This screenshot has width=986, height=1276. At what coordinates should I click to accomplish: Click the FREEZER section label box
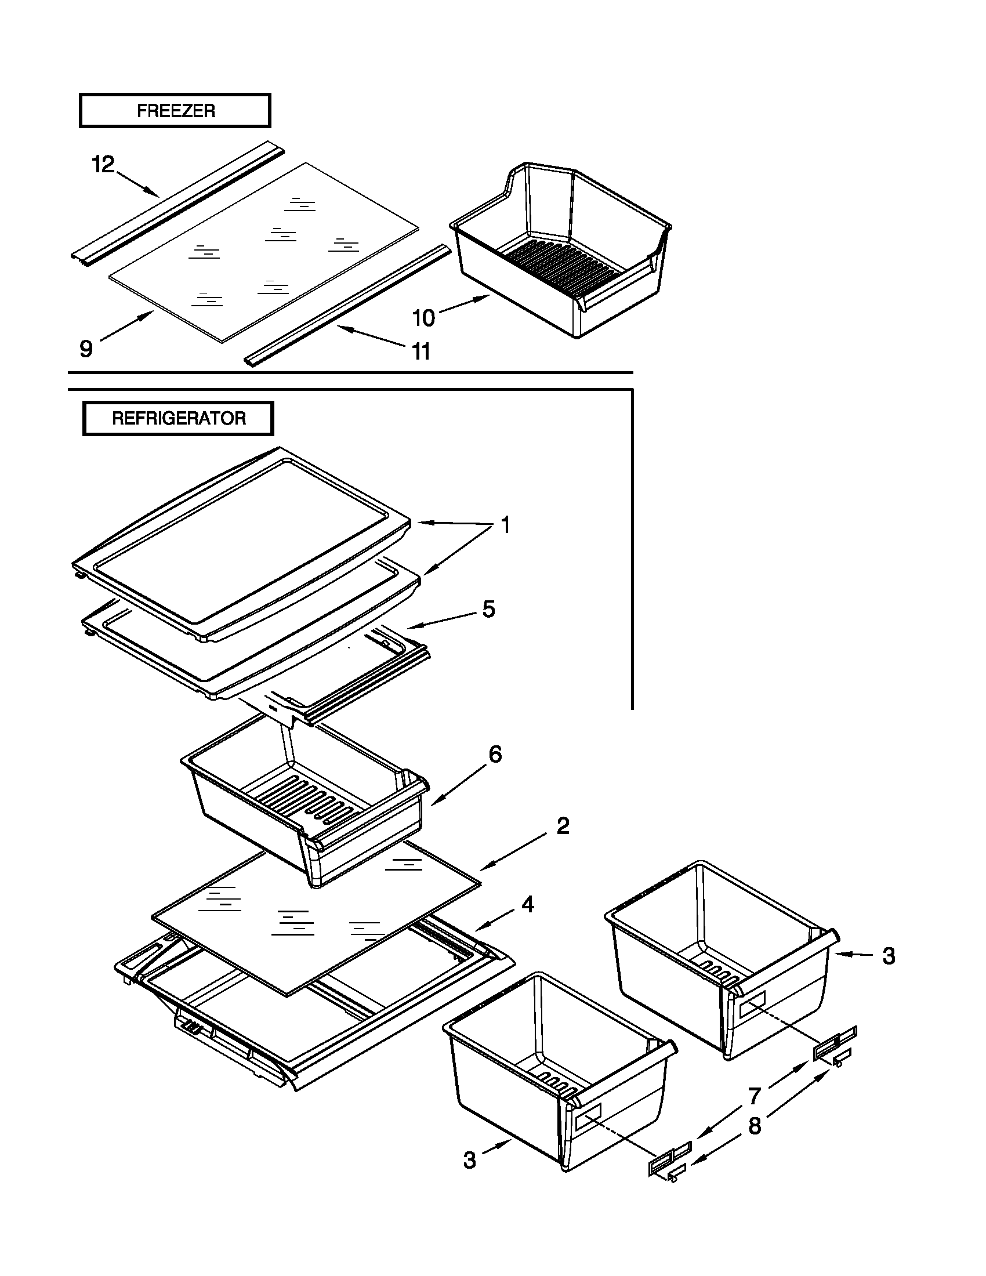click(x=175, y=110)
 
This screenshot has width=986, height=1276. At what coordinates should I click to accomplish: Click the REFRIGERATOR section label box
click(x=178, y=418)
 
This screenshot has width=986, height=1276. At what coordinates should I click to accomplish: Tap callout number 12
click(x=103, y=165)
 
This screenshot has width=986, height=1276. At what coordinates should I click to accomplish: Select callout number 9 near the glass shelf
click(x=86, y=349)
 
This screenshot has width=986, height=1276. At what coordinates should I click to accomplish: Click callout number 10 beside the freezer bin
click(x=423, y=318)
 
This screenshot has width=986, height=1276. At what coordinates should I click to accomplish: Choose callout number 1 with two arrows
click(x=505, y=525)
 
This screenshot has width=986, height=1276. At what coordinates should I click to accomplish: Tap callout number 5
click(x=488, y=609)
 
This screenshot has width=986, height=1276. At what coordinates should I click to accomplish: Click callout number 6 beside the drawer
click(x=495, y=754)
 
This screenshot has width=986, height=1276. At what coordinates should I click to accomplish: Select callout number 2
click(x=562, y=825)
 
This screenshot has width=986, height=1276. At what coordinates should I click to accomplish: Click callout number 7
click(x=755, y=1096)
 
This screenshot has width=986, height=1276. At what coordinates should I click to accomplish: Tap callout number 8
click(x=755, y=1125)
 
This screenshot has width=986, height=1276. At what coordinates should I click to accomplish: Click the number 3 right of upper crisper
click(x=889, y=956)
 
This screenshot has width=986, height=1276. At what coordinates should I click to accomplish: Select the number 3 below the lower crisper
click(x=470, y=1160)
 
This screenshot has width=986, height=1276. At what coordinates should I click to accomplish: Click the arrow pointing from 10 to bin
click(x=465, y=305)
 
